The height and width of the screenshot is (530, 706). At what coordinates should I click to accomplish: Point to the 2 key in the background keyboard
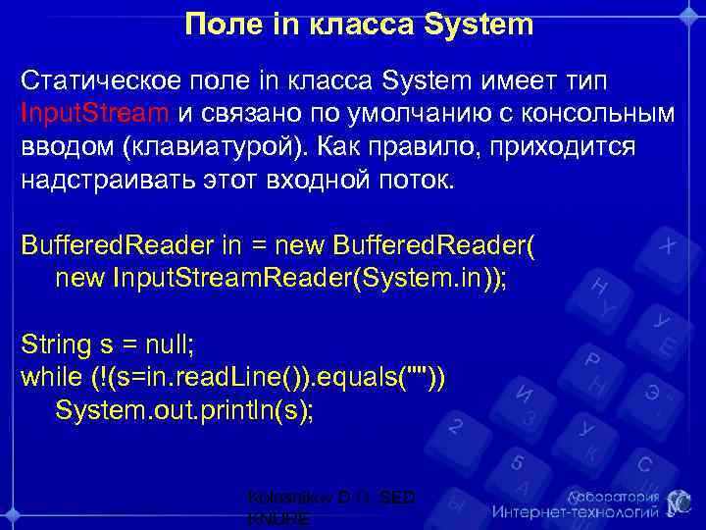click(x=456, y=427)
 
